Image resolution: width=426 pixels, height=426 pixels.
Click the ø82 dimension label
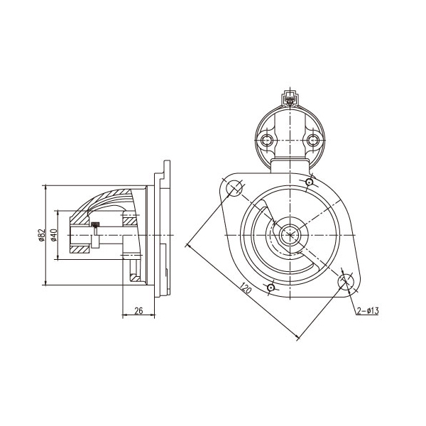point(41,235)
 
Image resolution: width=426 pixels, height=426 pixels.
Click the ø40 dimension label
point(54,235)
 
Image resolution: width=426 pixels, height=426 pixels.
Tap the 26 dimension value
point(138,311)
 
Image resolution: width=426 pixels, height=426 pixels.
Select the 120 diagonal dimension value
point(246,288)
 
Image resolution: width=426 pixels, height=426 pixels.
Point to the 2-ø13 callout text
point(368,311)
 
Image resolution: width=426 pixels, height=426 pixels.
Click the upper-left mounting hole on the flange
point(234,187)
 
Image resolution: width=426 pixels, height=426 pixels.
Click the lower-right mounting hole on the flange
point(346,282)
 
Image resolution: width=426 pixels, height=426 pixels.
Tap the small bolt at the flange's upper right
point(309,182)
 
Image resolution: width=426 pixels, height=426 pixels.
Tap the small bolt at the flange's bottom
point(271,288)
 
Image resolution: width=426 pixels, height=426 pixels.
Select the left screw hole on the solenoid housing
point(266,141)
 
